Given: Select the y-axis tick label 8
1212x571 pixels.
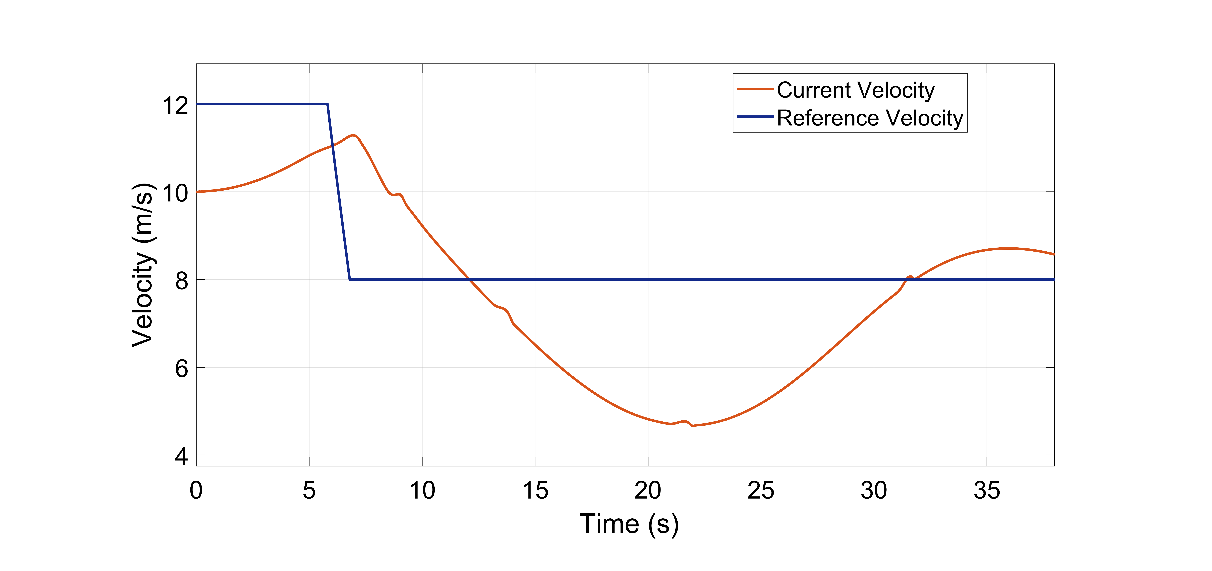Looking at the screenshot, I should [x=182, y=281].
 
